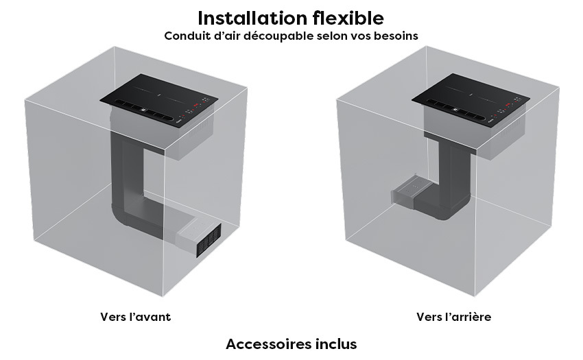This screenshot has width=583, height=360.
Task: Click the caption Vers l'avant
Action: point(135,317)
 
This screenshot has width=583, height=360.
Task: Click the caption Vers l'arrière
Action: point(453,317)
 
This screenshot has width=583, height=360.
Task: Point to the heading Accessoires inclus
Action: point(291,344)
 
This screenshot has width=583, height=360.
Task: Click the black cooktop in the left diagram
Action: point(158,98)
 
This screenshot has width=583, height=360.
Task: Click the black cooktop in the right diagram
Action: point(471,98)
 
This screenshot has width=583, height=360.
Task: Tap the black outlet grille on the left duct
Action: point(209,241)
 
